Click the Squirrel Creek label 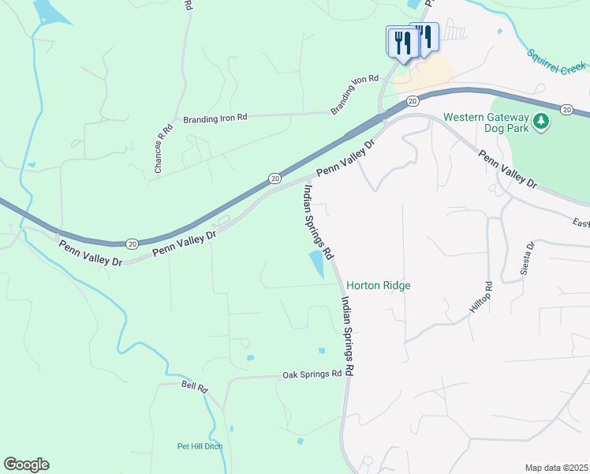point(558,62)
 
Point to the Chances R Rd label point(162,149)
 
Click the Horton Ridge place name point(379,286)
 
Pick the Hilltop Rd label point(481,296)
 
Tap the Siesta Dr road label point(527,258)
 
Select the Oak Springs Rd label point(312,374)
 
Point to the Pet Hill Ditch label point(200,446)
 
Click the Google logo point(26,465)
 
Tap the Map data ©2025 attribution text point(556,468)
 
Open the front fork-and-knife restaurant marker point(401,42)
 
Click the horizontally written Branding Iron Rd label point(215,118)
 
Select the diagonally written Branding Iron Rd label point(355,95)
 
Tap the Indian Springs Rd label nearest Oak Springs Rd point(345,336)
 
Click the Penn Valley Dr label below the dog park point(508,170)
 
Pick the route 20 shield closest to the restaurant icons point(413,101)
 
